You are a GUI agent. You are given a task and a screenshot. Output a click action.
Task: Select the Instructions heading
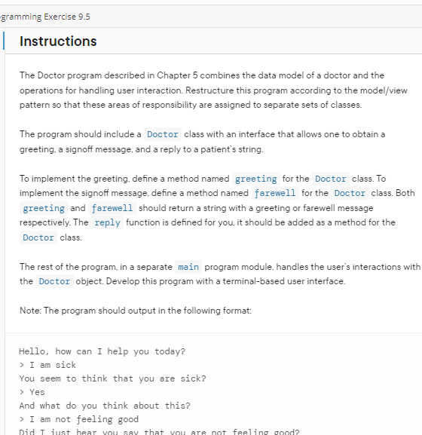58,41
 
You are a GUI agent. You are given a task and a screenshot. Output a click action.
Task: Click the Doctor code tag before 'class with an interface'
163,134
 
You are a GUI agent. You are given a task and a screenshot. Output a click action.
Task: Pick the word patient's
219,149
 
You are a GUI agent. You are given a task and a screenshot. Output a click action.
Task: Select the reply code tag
107,222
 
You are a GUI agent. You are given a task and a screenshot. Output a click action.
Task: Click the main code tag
188,267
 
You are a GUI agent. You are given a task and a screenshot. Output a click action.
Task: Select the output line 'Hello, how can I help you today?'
102,351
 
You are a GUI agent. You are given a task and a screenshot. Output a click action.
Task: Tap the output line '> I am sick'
47,365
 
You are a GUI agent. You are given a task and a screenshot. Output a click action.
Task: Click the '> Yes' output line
32,392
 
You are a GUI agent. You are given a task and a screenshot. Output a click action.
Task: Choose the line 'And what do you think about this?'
105,406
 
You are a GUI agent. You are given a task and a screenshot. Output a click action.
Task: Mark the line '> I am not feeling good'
79,419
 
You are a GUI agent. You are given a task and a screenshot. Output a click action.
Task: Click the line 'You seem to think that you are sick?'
112,378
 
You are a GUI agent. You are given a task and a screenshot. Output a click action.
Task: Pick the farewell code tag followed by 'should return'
112,208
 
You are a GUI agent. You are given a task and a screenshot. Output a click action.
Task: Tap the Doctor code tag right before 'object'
54,281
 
